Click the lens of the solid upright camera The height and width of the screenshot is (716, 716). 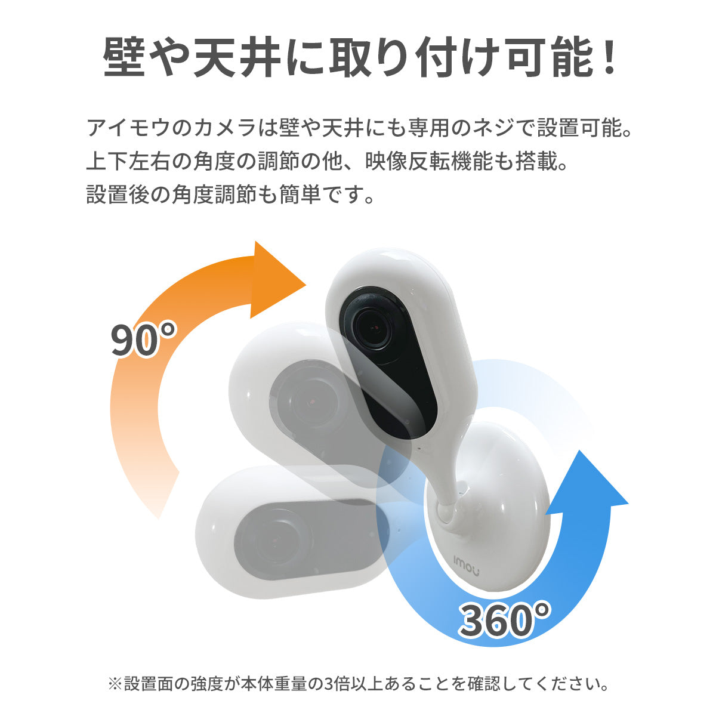(375, 328)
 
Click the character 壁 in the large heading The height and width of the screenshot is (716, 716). (124, 58)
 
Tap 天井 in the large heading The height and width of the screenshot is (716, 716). (229, 58)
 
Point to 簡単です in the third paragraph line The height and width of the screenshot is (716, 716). (319, 195)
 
